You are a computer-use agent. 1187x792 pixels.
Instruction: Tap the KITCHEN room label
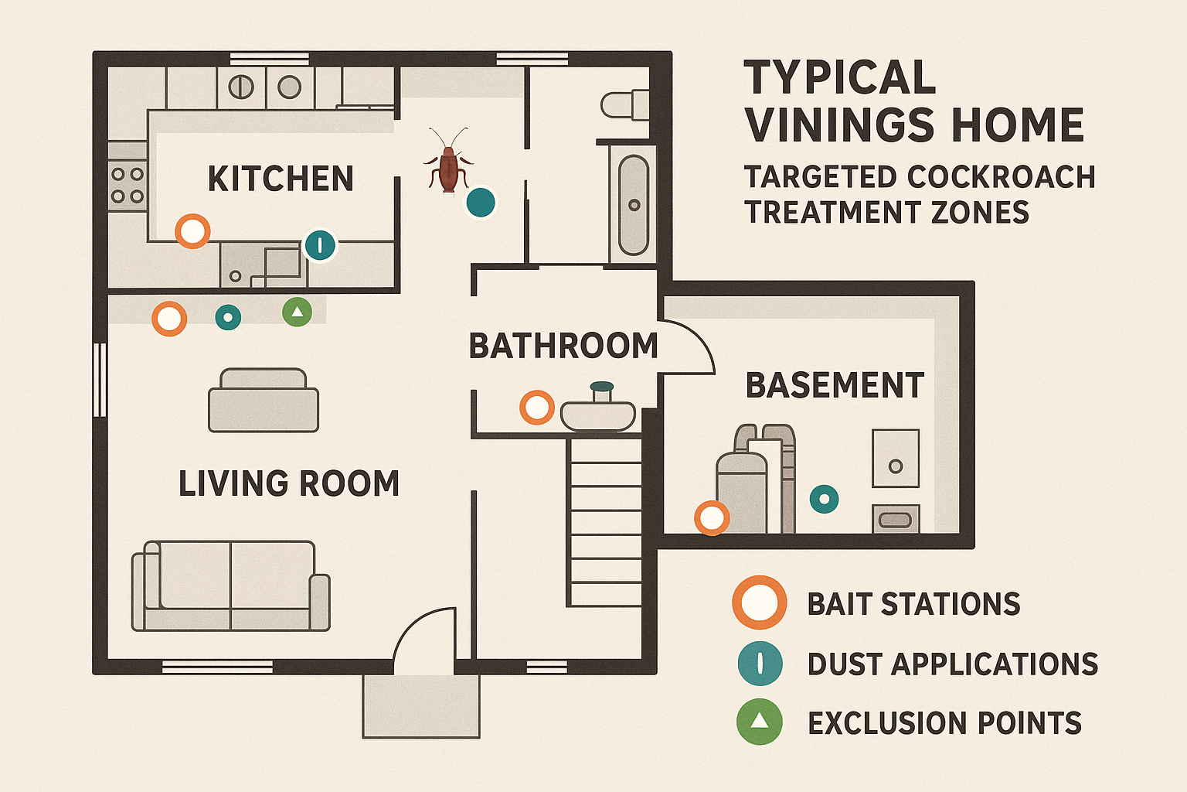[281, 179]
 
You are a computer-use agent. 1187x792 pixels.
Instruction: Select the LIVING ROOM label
[289, 484]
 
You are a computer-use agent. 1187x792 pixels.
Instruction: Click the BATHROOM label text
[563, 346]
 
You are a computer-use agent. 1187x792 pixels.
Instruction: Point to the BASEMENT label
[835, 386]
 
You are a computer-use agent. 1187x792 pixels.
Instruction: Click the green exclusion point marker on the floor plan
[298, 312]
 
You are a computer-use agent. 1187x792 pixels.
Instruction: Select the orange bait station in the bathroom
[536, 407]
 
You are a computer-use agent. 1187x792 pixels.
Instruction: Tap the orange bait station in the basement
[712, 517]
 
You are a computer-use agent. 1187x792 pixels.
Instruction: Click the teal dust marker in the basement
[824, 499]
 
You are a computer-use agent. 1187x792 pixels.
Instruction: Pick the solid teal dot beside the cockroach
[481, 203]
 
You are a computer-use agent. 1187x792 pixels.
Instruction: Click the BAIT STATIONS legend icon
[760, 603]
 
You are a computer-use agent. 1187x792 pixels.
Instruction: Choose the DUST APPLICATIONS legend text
[952, 664]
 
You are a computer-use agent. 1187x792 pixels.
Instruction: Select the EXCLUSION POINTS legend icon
[760, 722]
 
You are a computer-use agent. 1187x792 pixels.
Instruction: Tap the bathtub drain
[634, 205]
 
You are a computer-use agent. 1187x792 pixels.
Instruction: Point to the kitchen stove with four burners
[128, 185]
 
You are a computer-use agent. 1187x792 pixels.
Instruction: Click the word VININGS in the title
[915, 125]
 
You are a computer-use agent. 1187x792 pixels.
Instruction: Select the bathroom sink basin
[598, 415]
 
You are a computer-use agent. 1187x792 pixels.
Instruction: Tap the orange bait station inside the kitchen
[192, 230]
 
